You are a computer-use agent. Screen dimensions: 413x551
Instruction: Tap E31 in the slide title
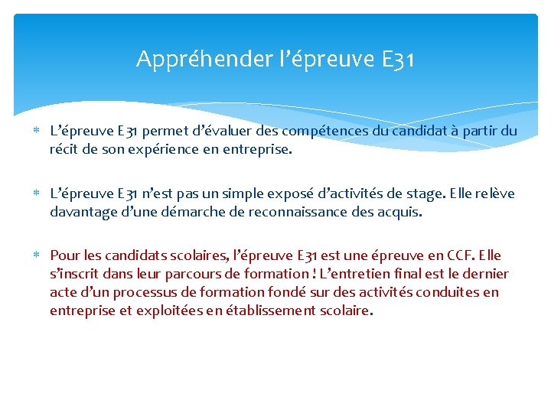coord(397,59)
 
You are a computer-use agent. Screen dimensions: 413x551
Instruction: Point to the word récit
coord(65,150)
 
